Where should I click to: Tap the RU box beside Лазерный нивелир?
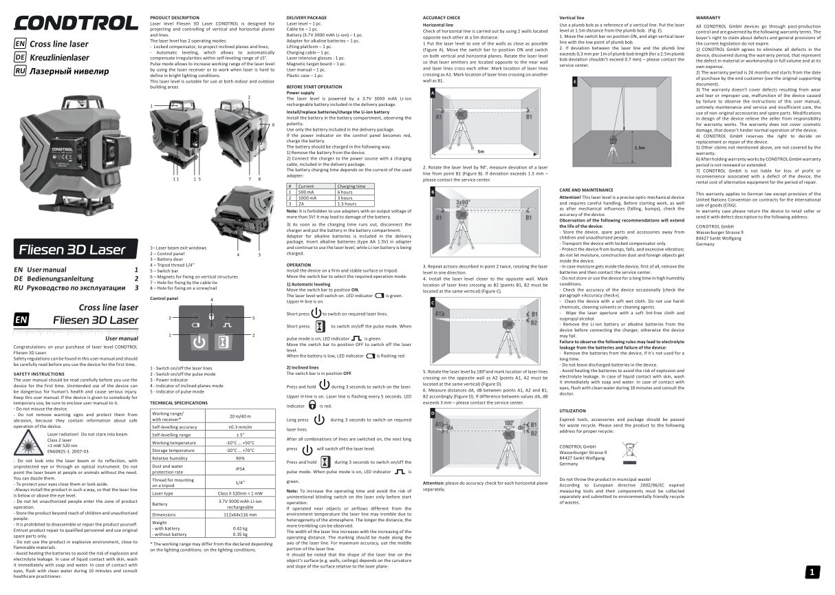coord(20,70)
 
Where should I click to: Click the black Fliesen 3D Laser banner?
coord(76,249)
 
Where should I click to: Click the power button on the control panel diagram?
coord(198,342)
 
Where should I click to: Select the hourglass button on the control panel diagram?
coord(222,342)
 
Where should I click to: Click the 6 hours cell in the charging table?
coord(345,192)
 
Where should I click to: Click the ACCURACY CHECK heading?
coord(442,16)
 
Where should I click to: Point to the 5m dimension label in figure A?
coord(481,151)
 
